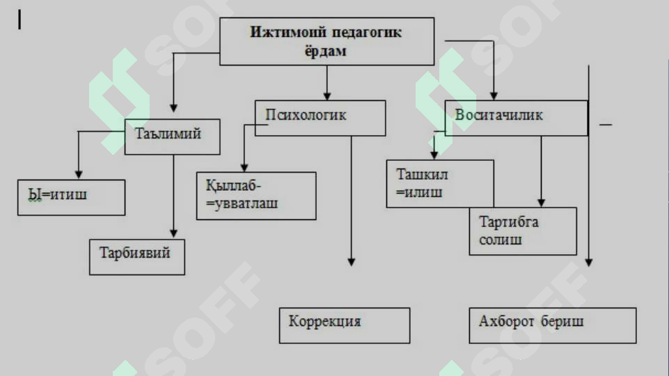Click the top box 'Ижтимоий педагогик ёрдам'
326,41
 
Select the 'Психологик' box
320,118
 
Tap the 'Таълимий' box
173,136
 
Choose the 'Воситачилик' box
517,118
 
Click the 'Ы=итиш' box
71,197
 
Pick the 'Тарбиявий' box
137,256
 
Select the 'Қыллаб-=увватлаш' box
256,196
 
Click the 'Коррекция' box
345,325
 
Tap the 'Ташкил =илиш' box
440,184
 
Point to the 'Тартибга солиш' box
523,231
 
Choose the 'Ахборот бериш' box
553,325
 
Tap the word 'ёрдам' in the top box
325,51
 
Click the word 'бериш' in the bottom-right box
562,321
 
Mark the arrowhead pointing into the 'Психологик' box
326,96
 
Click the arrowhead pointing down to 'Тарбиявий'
173,234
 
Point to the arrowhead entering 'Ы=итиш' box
79,174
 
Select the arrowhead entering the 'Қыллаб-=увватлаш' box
244,167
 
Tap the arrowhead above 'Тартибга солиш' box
541,203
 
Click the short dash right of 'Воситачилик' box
606,125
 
